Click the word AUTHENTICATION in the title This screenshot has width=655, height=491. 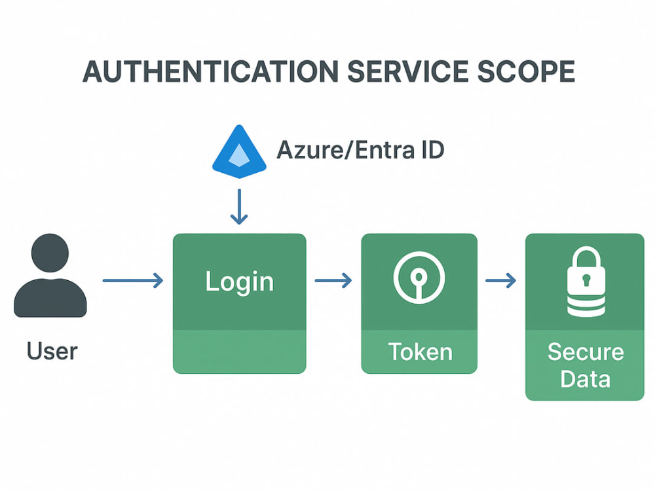click(x=210, y=71)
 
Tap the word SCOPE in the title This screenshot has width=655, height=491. click(x=526, y=71)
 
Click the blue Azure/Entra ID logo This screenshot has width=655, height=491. click(x=239, y=151)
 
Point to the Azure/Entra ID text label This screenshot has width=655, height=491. click(x=360, y=150)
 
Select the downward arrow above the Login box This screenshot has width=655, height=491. click(x=239, y=207)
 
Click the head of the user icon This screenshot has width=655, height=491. click(x=50, y=253)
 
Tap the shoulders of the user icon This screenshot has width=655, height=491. click(x=50, y=298)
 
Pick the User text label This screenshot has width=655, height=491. click(x=52, y=351)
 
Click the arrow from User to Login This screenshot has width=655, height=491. click(x=133, y=281)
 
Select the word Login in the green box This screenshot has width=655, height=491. click(x=239, y=282)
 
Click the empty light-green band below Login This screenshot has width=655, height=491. click(x=239, y=352)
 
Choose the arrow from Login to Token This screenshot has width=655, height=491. click(x=333, y=281)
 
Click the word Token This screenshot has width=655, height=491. click(x=421, y=352)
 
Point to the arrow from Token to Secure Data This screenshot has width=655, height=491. click(x=500, y=281)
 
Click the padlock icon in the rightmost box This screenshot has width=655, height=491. click(x=586, y=282)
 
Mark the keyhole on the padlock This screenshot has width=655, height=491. click(x=586, y=280)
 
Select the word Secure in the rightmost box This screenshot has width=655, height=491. click(x=586, y=352)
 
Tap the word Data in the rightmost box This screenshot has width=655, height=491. click(x=585, y=379)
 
